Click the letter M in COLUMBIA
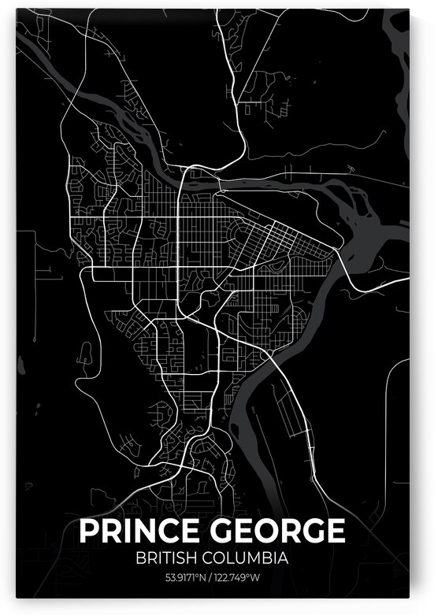coord(260,560)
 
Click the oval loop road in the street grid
coord(276,269)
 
